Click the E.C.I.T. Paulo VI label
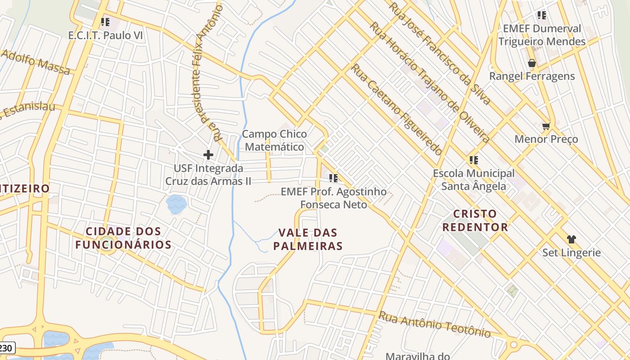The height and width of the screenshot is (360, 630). (105, 35)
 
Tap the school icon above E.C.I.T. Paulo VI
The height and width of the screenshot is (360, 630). (105, 22)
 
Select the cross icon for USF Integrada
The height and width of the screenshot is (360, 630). (208, 155)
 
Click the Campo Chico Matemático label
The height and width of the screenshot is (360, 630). (274, 140)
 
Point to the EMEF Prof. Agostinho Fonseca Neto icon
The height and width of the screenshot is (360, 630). (333, 178)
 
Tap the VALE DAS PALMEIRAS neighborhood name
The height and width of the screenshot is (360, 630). (310, 239)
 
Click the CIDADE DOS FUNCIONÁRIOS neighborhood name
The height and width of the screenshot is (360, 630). (123, 238)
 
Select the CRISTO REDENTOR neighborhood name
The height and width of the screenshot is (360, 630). (475, 220)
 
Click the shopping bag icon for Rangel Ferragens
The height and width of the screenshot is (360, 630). (531, 63)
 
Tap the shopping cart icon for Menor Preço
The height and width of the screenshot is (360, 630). (546, 126)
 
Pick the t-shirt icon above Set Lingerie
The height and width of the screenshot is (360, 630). (571, 239)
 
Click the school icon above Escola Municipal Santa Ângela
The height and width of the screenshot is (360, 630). (473, 160)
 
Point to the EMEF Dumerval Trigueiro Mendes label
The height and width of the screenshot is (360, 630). (542, 35)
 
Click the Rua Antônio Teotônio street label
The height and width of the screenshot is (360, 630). (434, 324)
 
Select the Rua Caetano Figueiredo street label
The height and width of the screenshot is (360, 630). (396, 110)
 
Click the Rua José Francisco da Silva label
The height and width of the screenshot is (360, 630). (440, 53)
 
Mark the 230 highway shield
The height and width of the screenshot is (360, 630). (6, 348)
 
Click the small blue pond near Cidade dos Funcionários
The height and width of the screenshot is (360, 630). (176, 204)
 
